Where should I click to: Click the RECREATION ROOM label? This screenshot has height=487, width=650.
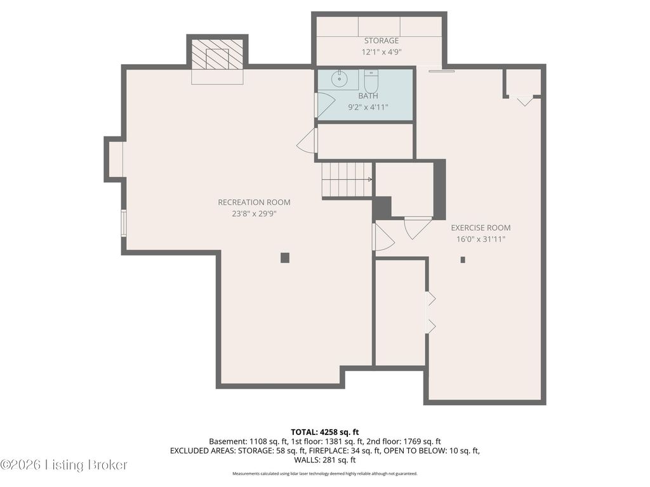pyautogui.click(x=254, y=202)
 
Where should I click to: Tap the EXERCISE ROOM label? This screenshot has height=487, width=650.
pyautogui.click(x=481, y=228)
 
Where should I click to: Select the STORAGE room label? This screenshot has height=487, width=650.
pyautogui.click(x=381, y=41)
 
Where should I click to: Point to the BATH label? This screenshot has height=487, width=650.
pyautogui.click(x=368, y=96)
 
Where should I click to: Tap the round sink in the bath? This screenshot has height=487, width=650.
pyautogui.click(x=340, y=79)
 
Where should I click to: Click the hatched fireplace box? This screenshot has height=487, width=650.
pyautogui.click(x=217, y=55)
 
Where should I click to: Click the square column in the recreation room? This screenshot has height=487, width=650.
pyautogui.click(x=285, y=258)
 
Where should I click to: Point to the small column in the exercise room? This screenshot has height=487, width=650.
pyautogui.click(x=463, y=260)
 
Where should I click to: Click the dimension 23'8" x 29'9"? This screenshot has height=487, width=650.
pyautogui.click(x=254, y=214)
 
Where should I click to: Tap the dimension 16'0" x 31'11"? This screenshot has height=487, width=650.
pyautogui.click(x=481, y=239)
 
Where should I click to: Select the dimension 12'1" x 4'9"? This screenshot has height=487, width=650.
pyautogui.click(x=381, y=52)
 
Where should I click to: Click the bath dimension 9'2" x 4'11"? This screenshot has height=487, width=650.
pyautogui.click(x=368, y=108)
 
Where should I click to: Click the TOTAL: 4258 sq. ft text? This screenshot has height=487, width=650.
pyautogui.click(x=324, y=432)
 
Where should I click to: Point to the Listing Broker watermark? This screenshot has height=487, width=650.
pyautogui.click(x=63, y=465)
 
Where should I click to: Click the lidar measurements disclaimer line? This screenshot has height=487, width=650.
pyautogui.click(x=324, y=473)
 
